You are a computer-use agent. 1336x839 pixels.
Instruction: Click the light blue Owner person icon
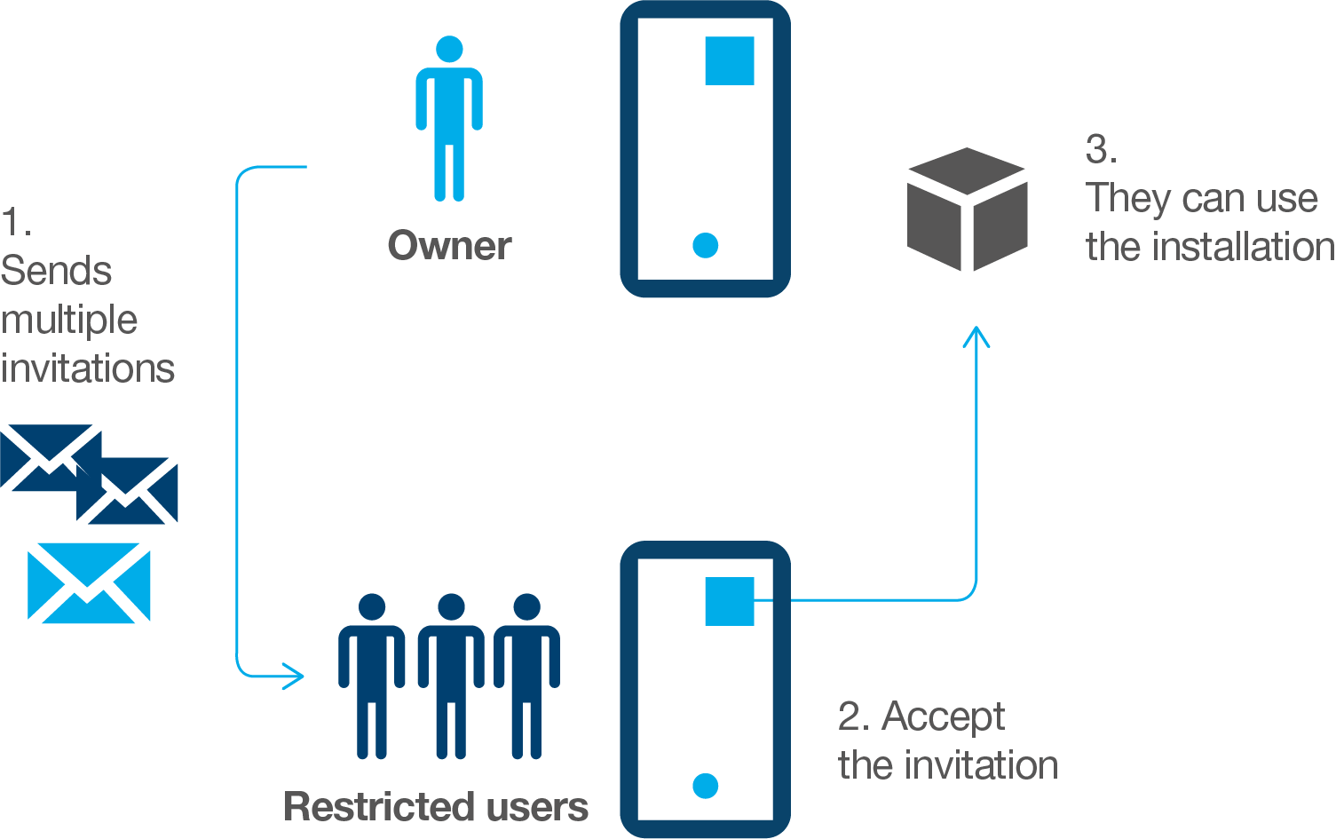coord(449,120)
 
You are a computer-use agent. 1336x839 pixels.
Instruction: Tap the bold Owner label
coord(449,246)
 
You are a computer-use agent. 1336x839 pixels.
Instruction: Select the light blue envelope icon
coord(89,582)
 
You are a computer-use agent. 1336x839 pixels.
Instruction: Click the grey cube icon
coord(967,210)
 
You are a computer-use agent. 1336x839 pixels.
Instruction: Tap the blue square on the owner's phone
coord(730,60)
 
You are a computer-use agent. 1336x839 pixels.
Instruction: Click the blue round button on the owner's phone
coord(706,245)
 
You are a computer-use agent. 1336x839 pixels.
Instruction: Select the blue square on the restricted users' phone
coord(730,601)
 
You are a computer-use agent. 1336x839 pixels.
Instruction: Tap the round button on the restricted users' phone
coord(706,786)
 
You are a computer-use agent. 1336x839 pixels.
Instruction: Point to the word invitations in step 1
coord(88,368)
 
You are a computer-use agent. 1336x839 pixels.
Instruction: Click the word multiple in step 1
coord(69,321)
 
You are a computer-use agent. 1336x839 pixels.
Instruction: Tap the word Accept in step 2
coord(943,717)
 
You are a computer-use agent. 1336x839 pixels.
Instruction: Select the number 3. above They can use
coord(1101,149)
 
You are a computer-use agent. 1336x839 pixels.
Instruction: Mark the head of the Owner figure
coord(449,50)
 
